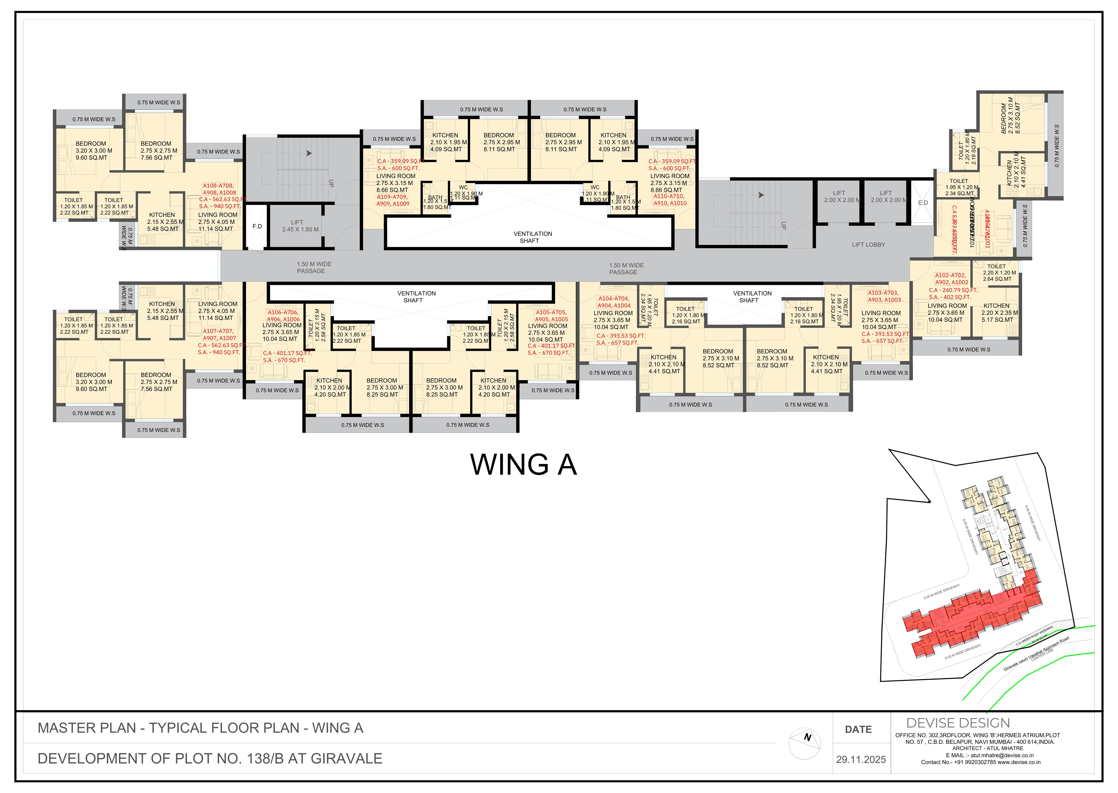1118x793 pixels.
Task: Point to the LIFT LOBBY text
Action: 868,245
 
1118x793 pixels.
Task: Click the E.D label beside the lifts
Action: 923,203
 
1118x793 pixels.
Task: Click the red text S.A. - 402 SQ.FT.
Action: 950,297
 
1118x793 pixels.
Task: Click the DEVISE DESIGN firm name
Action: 958,723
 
